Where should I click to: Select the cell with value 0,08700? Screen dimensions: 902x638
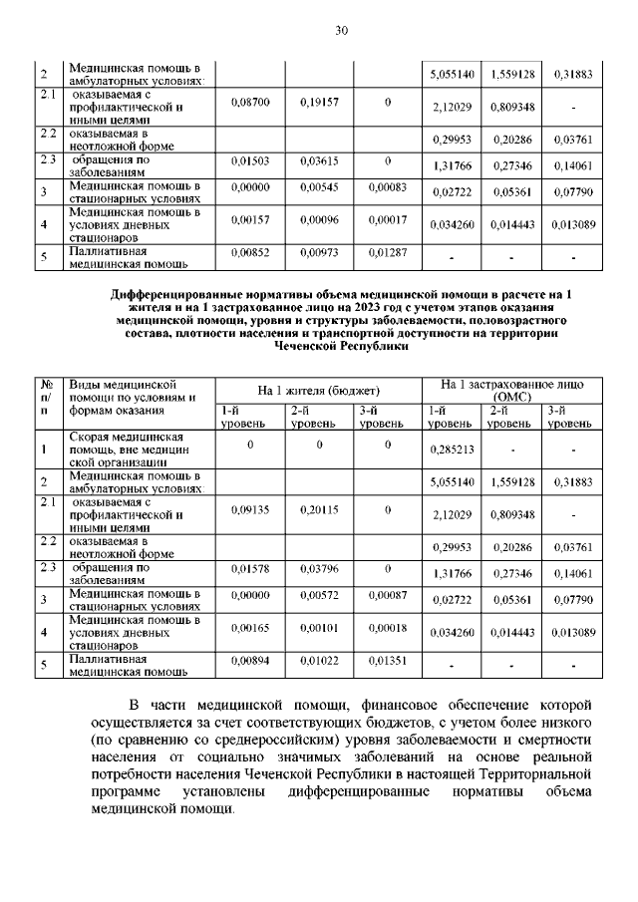tap(249, 103)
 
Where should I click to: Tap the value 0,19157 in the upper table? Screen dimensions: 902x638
tap(319, 103)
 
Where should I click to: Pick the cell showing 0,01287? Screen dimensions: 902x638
tap(387, 254)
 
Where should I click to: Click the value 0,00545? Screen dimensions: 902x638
tap(319, 186)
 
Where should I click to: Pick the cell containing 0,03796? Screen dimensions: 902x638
tap(319, 569)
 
